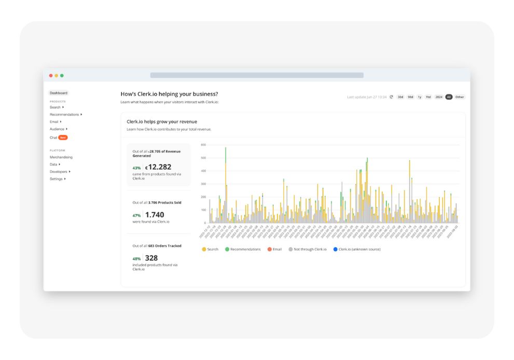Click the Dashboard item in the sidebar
pyautogui.click(x=59, y=93)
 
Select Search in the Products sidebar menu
pyautogui.click(x=55, y=107)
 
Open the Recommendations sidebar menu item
pyautogui.click(x=64, y=115)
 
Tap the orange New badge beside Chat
pyautogui.click(x=63, y=137)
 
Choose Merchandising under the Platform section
pyautogui.click(x=61, y=157)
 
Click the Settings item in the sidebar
pyautogui.click(x=56, y=179)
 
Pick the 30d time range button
pyautogui.click(x=400, y=97)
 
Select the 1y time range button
pyautogui.click(x=420, y=97)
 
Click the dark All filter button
pyautogui.click(x=449, y=97)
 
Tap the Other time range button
pyautogui.click(x=460, y=97)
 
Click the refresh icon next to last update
pyautogui.click(x=392, y=97)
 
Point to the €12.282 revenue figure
pyautogui.click(x=158, y=167)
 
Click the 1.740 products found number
pyautogui.click(x=155, y=215)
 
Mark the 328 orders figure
pyautogui.click(x=151, y=258)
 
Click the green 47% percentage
pyautogui.click(x=136, y=215)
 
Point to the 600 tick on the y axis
pyautogui.click(x=203, y=145)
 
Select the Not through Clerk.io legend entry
pyautogui.click(x=310, y=250)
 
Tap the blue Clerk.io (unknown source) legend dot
pyautogui.click(x=336, y=250)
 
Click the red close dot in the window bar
pyautogui.click(x=51, y=76)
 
